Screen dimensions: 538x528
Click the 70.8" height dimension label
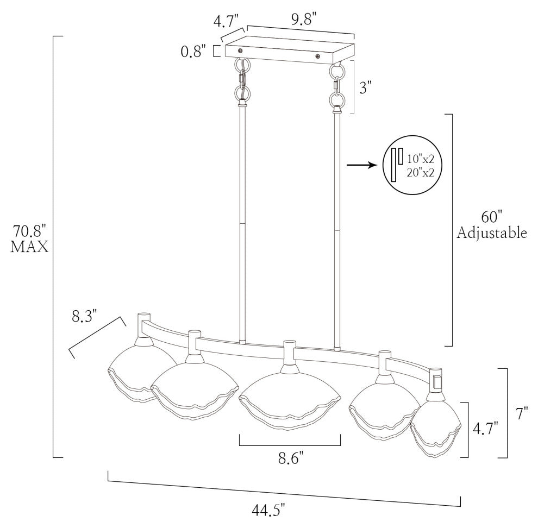pyautogui.click(x=29, y=231)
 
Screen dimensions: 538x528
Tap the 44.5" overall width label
pyautogui.click(x=268, y=511)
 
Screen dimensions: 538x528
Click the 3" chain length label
pyautogui.click(x=365, y=87)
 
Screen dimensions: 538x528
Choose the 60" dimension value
pyautogui.click(x=492, y=217)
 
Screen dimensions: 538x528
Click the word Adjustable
pyautogui.click(x=492, y=233)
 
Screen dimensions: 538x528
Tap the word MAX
pyautogui.click(x=29, y=247)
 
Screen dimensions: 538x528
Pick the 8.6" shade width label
pyautogui.click(x=291, y=458)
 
